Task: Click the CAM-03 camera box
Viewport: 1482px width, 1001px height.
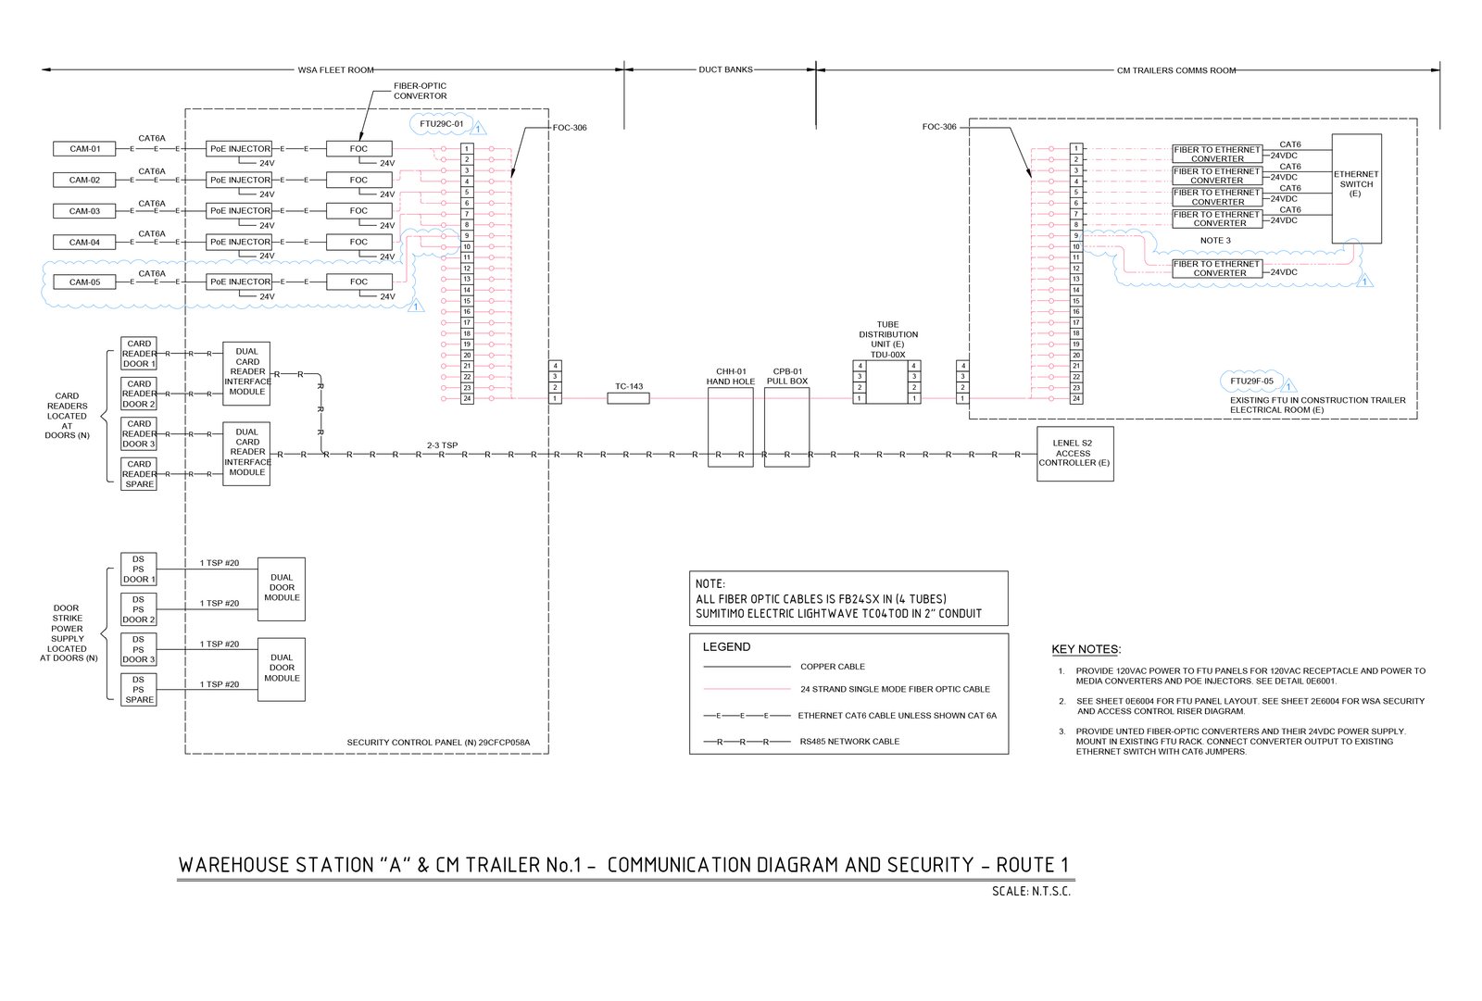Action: coord(84,211)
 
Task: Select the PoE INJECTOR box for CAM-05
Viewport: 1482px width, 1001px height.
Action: coord(240,282)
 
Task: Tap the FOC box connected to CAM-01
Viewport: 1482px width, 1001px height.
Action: coord(358,149)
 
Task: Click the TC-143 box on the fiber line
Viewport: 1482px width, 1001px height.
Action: coord(628,398)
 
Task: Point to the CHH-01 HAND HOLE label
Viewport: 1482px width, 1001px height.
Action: coord(731,376)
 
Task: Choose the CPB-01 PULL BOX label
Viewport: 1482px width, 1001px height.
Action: coord(787,376)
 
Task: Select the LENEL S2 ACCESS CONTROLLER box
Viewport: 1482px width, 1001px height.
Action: coord(1074,454)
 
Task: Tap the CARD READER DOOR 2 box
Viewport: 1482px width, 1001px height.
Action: coord(139,394)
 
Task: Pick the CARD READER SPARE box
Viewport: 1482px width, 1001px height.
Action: coord(139,474)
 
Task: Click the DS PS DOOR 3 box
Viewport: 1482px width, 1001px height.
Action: coord(138,649)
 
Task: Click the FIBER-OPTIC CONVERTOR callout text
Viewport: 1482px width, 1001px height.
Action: coord(420,91)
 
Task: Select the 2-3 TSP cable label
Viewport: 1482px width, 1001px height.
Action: coord(442,445)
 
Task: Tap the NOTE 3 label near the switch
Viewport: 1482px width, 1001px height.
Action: coord(1215,241)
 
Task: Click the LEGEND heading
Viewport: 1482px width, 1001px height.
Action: coord(726,647)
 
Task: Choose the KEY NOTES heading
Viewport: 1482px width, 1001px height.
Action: coord(1086,649)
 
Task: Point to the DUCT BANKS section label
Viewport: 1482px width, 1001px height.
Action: coord(725,69)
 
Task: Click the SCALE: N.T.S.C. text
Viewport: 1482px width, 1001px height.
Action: coord(1030,892)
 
